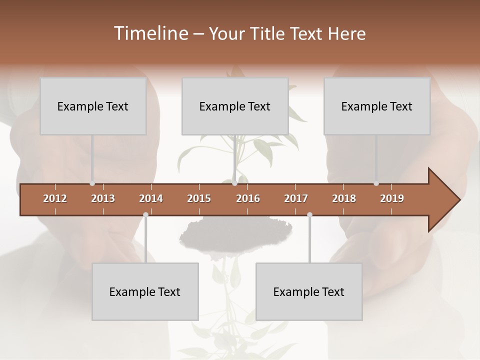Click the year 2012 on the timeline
tap(55, 198)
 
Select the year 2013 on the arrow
tap(103, 198)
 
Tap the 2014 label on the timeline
tap(151, 198)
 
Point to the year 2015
tap(199, 198)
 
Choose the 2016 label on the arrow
tap(248, 198)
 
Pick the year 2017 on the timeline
tap(296, 198)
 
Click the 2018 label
tap(344, 198)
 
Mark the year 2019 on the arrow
tap(392, 198)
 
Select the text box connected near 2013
tap(93, 106)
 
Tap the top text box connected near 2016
tap(235, 106)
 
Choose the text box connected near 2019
tap(377, 106)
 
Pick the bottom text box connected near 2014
tap(145, 291)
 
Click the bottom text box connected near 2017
tap(309, 291)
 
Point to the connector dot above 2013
tap(92, 183)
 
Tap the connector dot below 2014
tap(145, 214)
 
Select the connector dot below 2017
tap(309, 214)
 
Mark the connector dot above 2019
tap(376, 183)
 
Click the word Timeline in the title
tap(149, 33)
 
